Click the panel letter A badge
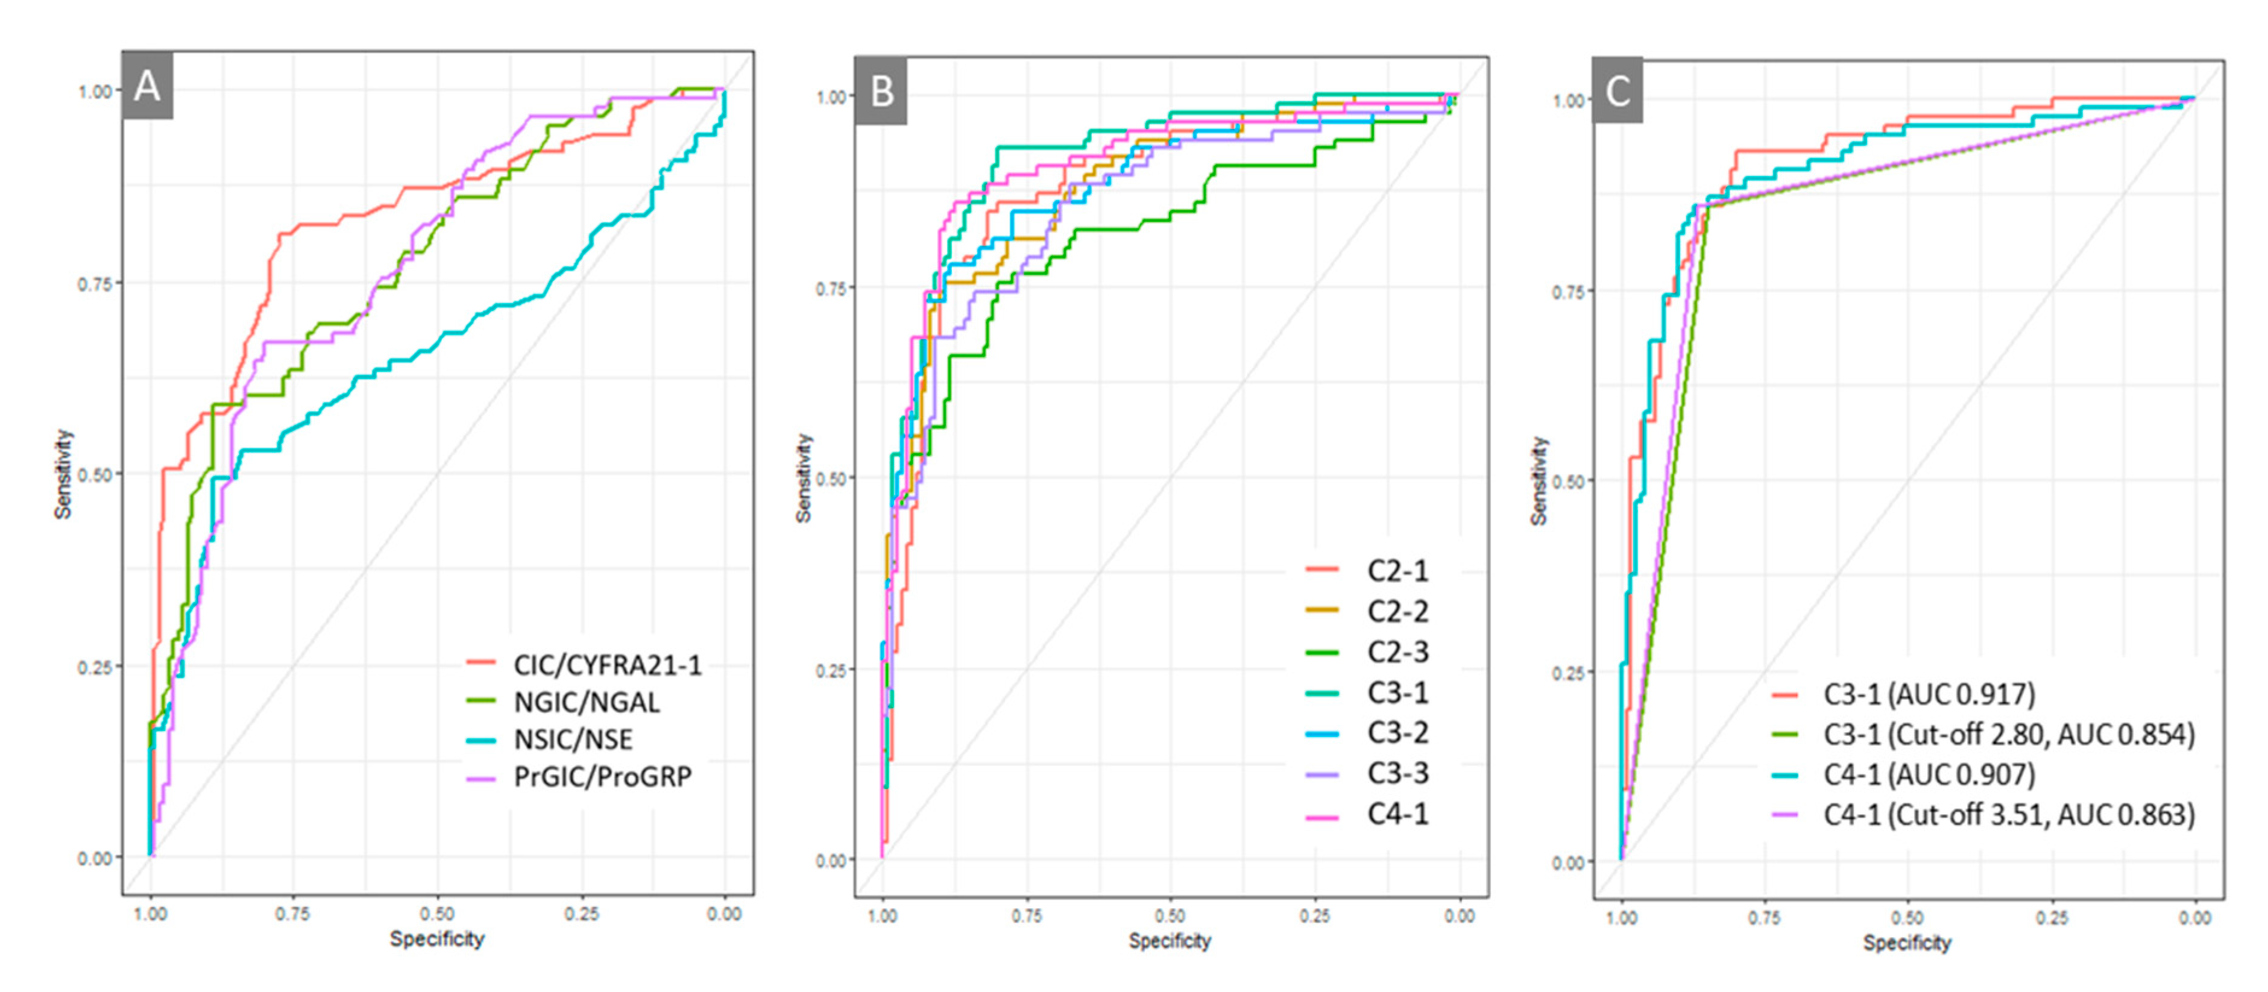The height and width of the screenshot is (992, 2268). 147,86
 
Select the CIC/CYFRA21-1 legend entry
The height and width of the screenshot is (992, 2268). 608,665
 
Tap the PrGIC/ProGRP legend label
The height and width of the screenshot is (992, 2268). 603,776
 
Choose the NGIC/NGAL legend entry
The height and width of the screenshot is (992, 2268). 587,702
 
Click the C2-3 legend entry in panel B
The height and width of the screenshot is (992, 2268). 1397,651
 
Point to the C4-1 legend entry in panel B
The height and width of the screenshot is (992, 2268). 1397,814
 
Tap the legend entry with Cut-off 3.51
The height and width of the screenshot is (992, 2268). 2008,815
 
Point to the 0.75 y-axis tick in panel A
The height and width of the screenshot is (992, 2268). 95,283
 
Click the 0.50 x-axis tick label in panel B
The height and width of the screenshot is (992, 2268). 1170,916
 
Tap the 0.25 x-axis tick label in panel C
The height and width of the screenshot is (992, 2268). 2052,918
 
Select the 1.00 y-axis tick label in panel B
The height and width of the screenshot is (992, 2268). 832,97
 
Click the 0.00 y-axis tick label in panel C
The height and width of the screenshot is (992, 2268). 1569,862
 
